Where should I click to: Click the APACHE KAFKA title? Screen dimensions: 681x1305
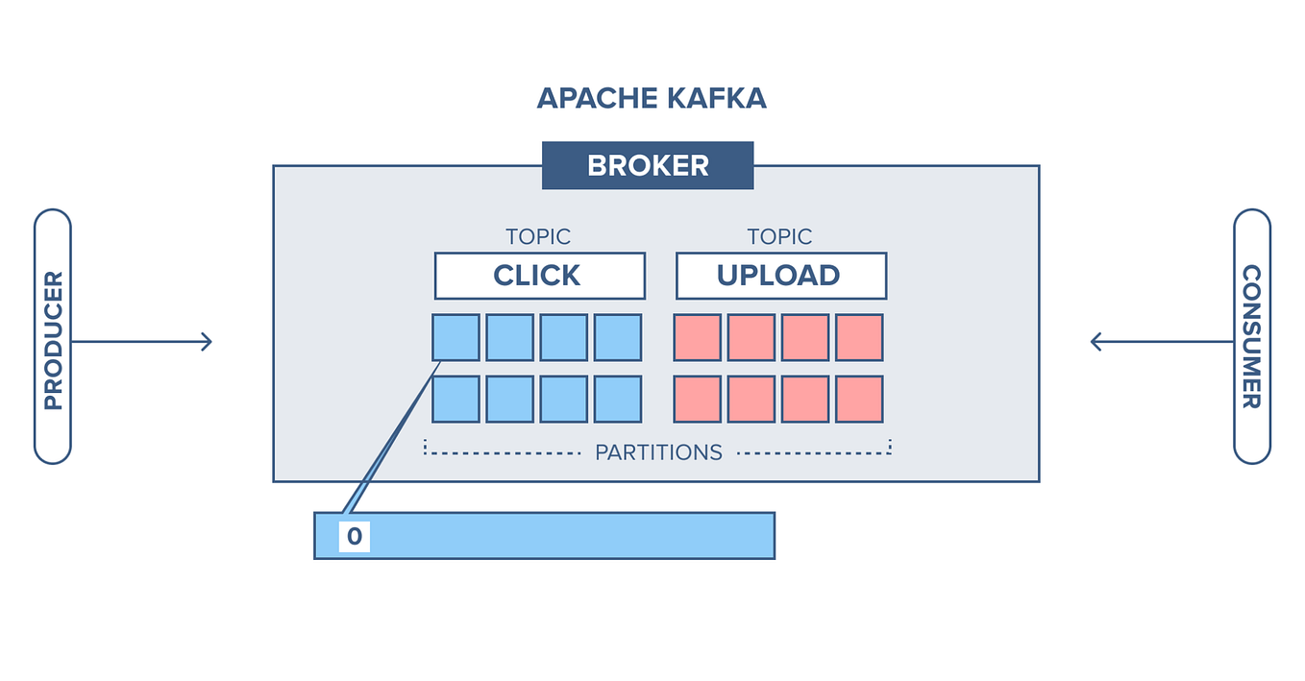(652, 98)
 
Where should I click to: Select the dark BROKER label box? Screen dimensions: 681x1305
(648, 165)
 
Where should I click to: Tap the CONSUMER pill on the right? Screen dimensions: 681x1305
(1251, 336)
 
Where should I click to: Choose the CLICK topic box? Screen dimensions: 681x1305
(539, 276)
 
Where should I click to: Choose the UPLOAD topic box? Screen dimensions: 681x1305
(780, 276)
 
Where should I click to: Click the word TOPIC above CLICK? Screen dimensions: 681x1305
(538, 236)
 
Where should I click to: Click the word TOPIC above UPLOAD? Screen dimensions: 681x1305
(779, 236)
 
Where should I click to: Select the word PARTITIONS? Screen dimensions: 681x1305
(658, 452)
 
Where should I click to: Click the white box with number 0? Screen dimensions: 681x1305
(354, 536)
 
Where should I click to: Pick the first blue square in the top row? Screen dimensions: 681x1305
(456, 337)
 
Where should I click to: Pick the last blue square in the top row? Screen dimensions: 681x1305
(617, 337)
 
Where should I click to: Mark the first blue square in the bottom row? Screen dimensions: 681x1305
(456, 399)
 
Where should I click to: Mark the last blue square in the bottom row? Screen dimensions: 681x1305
(617, 399)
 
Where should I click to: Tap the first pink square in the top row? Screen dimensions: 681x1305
(697, 337)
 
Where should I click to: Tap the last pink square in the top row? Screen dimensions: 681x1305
(859, 337)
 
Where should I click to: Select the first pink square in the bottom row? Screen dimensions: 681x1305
(697, 399)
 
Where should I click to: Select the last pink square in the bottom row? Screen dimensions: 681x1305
(859, 399)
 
